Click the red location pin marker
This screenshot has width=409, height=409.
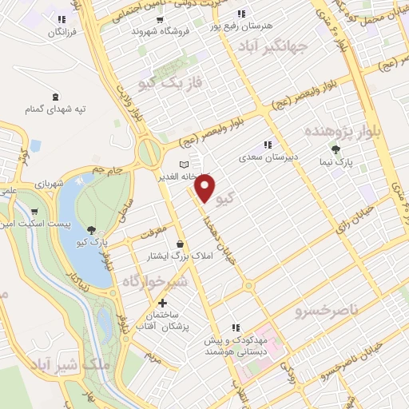tap(205, 189)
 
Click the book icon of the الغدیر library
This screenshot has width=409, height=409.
tap(184, 165)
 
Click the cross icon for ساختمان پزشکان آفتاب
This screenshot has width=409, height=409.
tap(163, 304)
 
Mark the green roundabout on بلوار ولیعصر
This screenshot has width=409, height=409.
tap(148, 149)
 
